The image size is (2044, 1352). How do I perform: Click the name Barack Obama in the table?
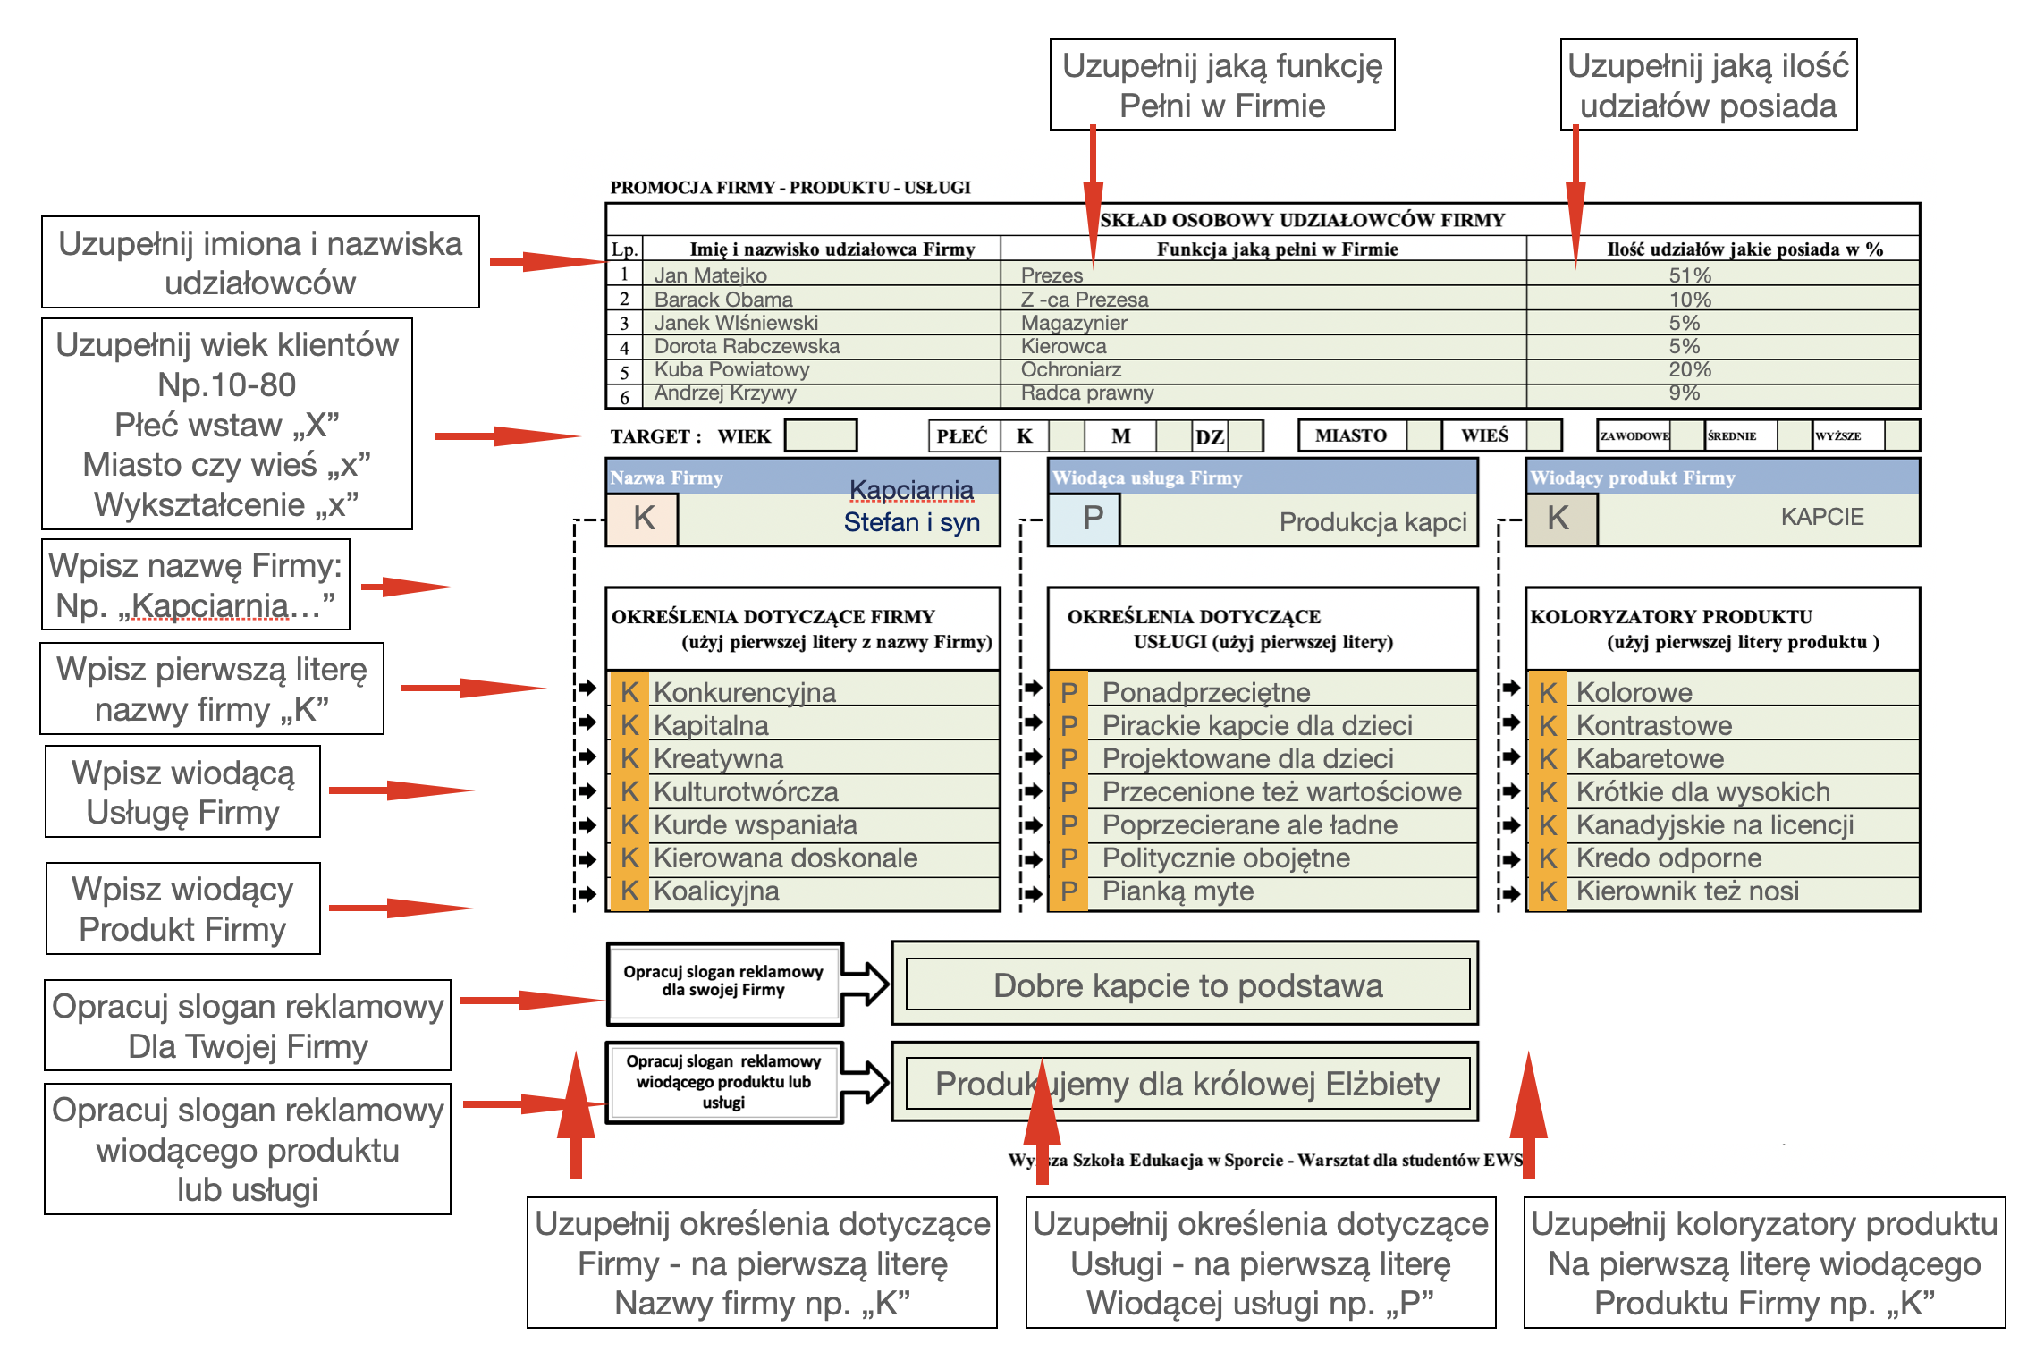(x=723, y=300)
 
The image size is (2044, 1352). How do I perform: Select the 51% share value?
(x=1690, y=275)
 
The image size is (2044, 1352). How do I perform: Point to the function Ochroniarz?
(x=1071, y=369)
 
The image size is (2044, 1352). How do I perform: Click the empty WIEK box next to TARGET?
(x=820, y=435)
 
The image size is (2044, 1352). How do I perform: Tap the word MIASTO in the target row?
(x=1351, y=435)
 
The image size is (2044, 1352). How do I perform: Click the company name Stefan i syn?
(x=912, y=522)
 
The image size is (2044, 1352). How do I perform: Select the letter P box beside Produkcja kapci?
(x=1085, y=519)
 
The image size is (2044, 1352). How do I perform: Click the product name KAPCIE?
(x=1821, y=517)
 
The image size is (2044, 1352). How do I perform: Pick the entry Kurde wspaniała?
(x=756, y=824)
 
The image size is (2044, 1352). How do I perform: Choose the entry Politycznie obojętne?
(x=1226, y=858)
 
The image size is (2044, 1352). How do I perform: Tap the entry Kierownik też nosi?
(x=1687, y=891)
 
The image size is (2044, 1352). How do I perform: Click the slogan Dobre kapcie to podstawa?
(x=1187, y=985)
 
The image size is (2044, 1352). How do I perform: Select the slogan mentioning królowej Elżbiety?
(x=1187, y=1085)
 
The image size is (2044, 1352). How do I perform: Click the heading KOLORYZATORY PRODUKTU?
(x=1671, y=617)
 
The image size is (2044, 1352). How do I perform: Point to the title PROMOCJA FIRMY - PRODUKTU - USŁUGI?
(x=790, y=188)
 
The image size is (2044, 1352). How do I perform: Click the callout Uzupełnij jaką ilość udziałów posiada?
(x=1708, y=85)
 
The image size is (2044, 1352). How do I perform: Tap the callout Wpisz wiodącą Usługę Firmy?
(x=182, y=792)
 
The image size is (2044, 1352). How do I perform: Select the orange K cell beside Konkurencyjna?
(x=629, y=692)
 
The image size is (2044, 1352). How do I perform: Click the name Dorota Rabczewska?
(x=747, y=346)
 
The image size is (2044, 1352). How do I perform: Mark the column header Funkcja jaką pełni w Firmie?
(x=1277, y=249)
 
